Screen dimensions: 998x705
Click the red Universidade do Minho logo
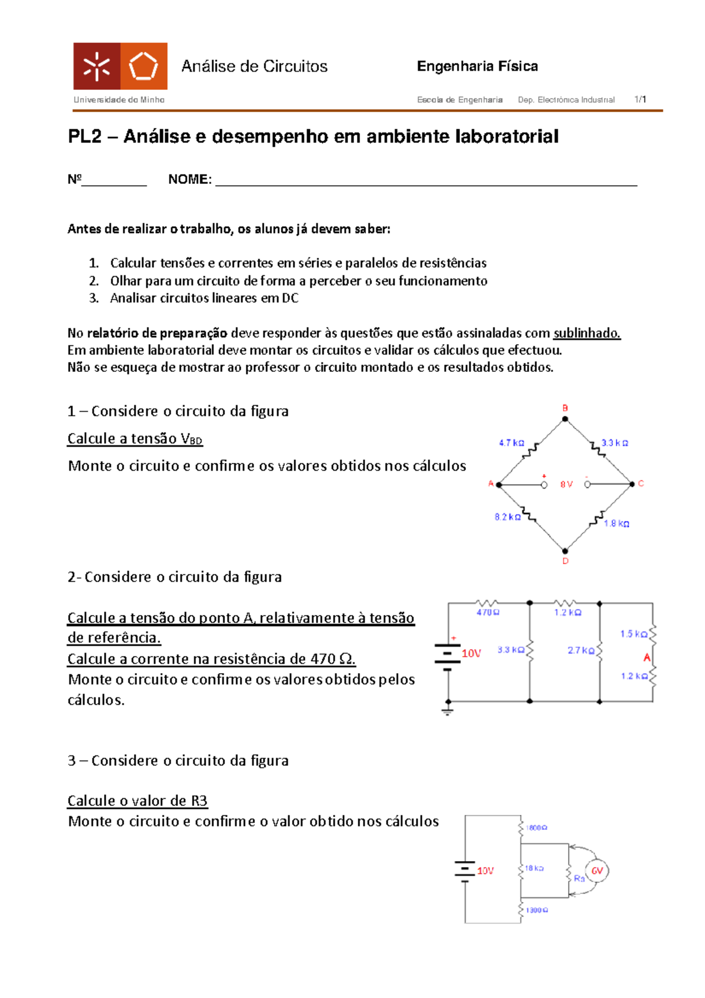tap(120, 66)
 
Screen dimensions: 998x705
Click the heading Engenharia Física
tap(477, 66)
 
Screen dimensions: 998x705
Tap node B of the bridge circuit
tap(565, 419)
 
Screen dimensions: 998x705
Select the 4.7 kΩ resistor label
tap(511, 443)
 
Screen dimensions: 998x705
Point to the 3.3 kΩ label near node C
tap(615, 443)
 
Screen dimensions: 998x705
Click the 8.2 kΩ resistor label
tap(507, 517)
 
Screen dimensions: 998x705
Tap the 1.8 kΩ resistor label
tap(616, 523)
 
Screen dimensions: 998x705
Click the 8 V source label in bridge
tap(566, 485)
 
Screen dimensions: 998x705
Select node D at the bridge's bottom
tap(565, 552)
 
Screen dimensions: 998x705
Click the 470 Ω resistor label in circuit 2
tap(488, 613)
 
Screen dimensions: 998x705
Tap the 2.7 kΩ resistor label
tap(580, 650)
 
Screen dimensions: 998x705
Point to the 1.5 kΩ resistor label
tap(633, 634)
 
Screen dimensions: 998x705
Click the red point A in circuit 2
tap(647, 657)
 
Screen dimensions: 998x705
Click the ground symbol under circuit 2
tap(448, 712)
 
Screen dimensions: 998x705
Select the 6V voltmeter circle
tap(597, 871)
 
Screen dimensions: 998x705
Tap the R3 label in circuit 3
tap(579, 878)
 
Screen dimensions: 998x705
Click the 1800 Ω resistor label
tap(536, 828)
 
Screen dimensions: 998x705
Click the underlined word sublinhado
tap(586, 333)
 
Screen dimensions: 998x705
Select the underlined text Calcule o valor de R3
tap(137, 801)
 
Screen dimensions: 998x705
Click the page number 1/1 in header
tap(640, 99)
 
